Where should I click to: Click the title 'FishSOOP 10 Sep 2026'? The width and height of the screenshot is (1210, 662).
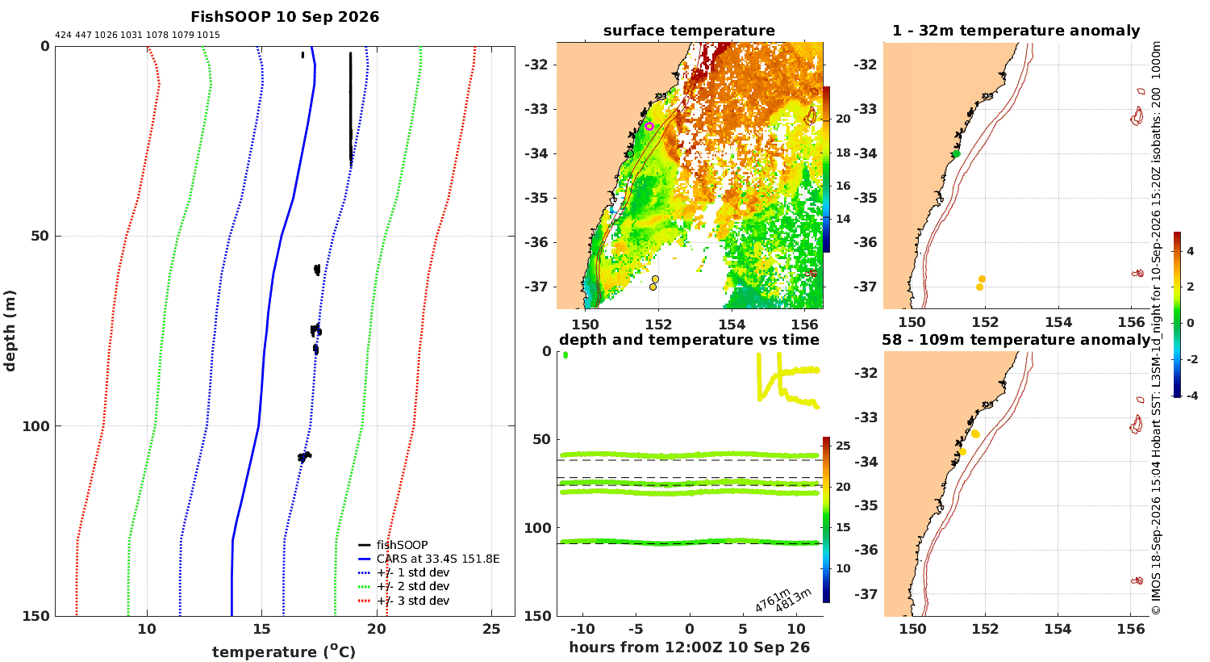click(x=285, y=17)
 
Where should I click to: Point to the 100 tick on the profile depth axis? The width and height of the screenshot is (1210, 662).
click(x=35, y=426)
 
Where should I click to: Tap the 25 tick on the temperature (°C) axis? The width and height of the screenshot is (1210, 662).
click(x=491, y=629)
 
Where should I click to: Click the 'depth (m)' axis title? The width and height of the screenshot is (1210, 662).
click(x=10, y=331)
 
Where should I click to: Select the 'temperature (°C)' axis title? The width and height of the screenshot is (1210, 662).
click(x=284, y=652)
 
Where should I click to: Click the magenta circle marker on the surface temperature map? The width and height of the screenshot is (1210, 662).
click(x=649, y=127)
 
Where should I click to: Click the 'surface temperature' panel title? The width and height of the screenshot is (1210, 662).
click(x=689, y=31)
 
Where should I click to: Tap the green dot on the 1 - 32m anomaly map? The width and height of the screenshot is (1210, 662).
click(x=957, y=154)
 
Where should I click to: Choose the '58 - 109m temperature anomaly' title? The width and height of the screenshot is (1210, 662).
click(x=1016, y=340)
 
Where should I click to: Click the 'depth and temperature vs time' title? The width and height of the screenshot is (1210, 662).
click(x=689, y=340)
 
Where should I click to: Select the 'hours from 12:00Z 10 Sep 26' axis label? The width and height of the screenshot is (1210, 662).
click(x=689, y=647)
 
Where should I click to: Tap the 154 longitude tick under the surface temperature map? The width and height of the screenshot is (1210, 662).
click(x=732, y=325)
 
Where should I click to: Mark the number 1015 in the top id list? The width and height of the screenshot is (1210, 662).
click(x=208, y=36)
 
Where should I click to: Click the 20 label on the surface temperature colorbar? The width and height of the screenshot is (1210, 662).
click(x=843, y=119)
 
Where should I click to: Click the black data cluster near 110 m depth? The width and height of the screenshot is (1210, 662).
click(x=305, y=457)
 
